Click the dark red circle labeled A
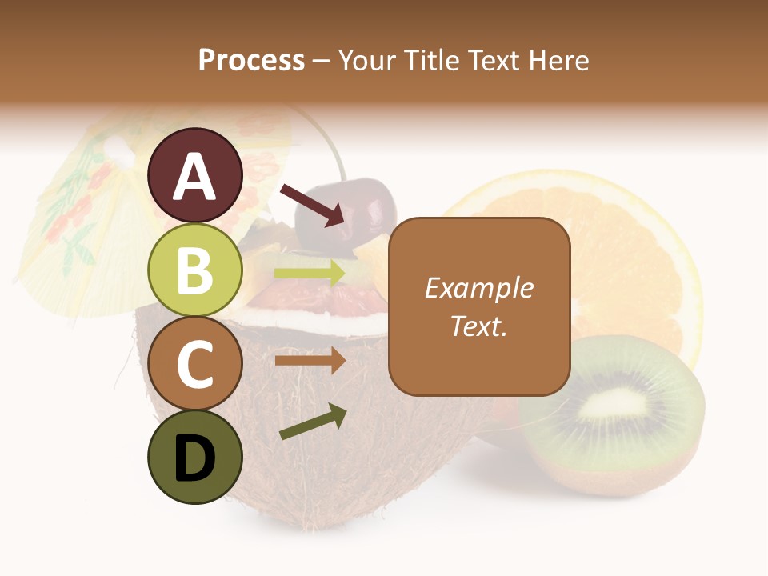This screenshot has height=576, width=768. (x=195, y=176)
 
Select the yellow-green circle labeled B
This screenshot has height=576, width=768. (x=195, y=270)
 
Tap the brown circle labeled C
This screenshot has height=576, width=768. (x=195, y=363)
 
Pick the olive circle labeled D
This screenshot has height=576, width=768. (x=195, y=457)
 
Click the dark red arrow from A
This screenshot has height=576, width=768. (x=313, y=203)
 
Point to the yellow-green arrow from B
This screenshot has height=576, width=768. (x=310, y=273)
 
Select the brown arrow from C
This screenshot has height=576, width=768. (x=310, y=361)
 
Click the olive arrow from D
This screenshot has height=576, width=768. (x=313, y=422)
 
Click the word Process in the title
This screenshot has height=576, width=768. (x=251, y=60)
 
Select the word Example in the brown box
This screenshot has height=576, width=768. (x=479, y=288)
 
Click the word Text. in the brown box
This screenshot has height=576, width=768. (x=479, y=326)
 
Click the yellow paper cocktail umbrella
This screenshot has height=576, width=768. (x=88, y=208)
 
